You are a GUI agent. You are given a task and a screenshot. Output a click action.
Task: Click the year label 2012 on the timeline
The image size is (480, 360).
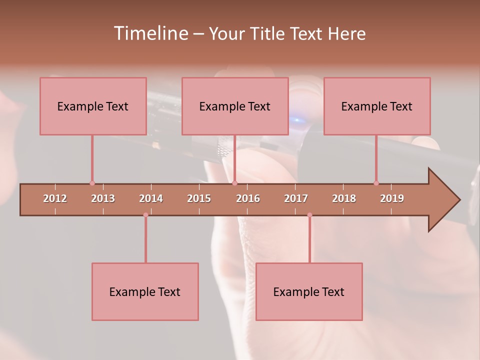tap(55, 198)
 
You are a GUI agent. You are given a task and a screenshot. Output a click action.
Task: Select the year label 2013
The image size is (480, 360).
tap(103, 198)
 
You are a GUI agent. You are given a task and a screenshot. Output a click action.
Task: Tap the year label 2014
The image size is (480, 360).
tap(151, 198)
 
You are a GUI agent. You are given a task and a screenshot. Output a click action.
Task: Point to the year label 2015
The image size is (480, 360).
tap(199, 198)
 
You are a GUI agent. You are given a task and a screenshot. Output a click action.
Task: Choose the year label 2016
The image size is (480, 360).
tap(248, 198)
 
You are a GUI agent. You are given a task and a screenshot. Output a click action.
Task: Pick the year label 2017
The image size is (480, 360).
tap(296, 198)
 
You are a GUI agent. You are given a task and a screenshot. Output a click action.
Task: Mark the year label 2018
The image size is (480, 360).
tap(344, 198)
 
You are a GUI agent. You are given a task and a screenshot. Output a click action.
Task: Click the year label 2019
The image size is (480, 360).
tap(392, 198)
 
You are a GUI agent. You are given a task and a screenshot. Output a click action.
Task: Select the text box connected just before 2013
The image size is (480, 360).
tap(93, 106)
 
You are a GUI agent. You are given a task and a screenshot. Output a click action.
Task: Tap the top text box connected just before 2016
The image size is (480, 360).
tap(235, 106)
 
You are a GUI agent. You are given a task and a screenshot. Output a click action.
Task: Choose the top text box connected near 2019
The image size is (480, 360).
tap(377, 106)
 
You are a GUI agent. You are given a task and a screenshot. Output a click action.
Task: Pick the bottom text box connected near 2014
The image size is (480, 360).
tap(145, 291)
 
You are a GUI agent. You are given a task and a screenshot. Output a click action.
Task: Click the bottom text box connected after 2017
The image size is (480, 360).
tap(309, 291)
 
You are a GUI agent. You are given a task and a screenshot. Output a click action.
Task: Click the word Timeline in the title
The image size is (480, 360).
tap(150, 33)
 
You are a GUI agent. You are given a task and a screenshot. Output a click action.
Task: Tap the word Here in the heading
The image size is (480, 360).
tap(346, 33)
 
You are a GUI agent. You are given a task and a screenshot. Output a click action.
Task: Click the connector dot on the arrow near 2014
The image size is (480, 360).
tap(145, 215)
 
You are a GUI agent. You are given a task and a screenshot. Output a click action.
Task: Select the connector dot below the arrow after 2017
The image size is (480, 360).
tap(309, 215)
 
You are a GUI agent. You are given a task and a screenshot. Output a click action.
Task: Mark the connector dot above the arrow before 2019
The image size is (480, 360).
tap(376, 183)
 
